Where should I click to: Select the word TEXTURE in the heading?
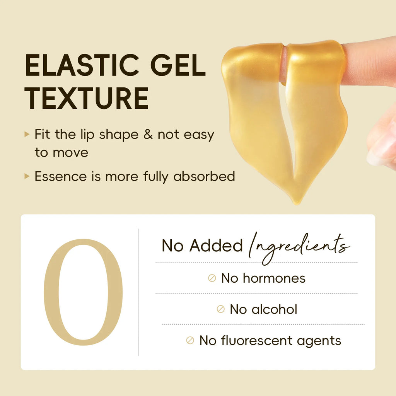87,99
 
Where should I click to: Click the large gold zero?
83,292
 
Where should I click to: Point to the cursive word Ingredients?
298,246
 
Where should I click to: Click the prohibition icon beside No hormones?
212,278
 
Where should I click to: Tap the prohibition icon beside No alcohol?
220,309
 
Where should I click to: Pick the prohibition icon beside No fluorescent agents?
190,341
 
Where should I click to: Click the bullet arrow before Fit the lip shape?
27,134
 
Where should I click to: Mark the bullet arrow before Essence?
27,176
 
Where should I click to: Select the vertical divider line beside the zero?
139,292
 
